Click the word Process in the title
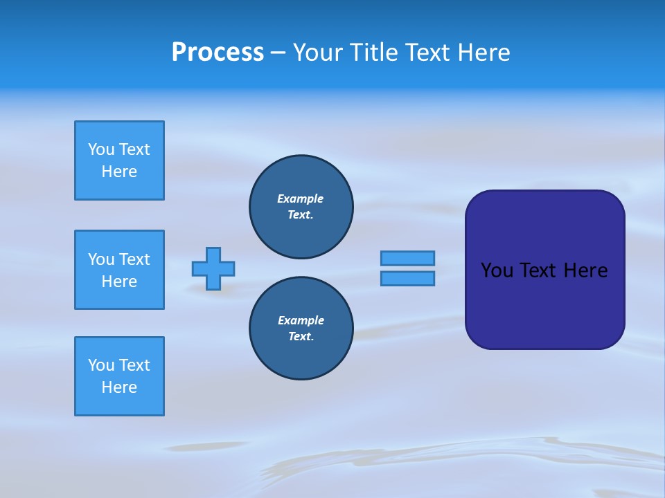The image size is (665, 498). coord(218,53)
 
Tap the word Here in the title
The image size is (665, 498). coord(482,53)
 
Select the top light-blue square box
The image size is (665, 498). coord(119,160)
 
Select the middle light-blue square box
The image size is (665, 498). coord(119,270)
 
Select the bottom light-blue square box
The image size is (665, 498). coord(119,376)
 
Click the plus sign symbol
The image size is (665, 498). coord(213,268)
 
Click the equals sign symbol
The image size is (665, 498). coord(407,268)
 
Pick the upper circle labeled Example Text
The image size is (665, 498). coord(301,207)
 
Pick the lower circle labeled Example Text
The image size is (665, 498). coord(301,329)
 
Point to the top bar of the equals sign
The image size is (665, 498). coord(407,259)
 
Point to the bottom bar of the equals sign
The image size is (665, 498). coord(407,278)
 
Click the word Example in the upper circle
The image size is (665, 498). coord(301,199)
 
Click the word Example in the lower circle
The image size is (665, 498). coord(301,321)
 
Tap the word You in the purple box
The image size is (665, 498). coord(497,270)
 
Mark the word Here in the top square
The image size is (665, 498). coord(119,172)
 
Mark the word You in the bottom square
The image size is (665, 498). coord(101,365)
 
